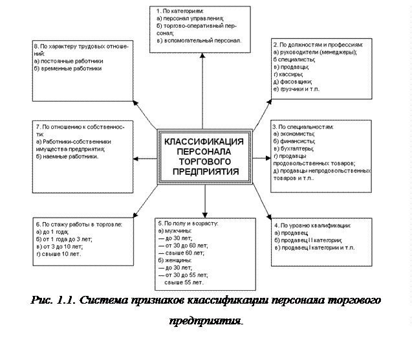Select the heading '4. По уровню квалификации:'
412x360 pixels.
(x=313, y=225)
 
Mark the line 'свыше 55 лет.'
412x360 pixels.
(x=184, y=283)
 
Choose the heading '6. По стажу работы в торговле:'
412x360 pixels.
(x=83, y=223)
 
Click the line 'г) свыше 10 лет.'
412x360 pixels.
(x=60, y=254)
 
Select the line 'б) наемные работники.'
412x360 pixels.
(x=68, y=156)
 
